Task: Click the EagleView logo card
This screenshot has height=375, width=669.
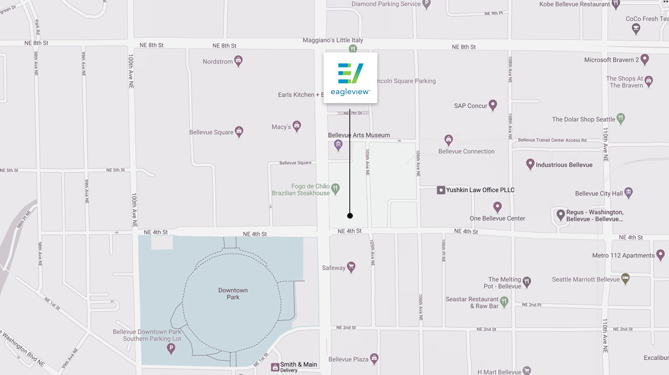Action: (x=350, y=77)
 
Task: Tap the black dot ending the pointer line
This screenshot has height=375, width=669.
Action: (x=350, y=216)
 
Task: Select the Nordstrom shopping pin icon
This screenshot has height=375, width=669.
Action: (x=238, y=61)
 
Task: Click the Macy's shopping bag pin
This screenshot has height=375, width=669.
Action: (x=297, y=126)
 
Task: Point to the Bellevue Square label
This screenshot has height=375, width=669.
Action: (x=211, y=133)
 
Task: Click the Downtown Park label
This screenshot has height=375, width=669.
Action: (x=233, y=294)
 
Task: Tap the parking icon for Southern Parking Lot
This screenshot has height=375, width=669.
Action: (x=171, y=349)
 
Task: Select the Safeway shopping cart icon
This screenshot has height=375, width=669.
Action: (x=351, y=267)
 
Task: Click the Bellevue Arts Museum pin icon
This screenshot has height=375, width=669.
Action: (x=338, y=145)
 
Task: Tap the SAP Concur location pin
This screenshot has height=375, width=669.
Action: (x=492, y=105)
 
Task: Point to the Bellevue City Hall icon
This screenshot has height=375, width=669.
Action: (x=628, y=193)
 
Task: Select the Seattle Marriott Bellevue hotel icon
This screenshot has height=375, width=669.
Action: (x=626, y=279)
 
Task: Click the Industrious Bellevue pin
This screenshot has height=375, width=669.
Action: (x=530, y=164)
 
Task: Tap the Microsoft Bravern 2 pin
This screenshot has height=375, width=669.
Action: (x=645, y=59)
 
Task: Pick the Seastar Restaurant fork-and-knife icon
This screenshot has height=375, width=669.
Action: (x=504, y=302)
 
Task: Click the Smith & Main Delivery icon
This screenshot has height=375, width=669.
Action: (x=275, y=367)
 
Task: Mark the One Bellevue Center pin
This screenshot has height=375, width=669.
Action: (x=497, y=207)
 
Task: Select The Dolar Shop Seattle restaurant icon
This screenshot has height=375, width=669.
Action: (x=621, y=119)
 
